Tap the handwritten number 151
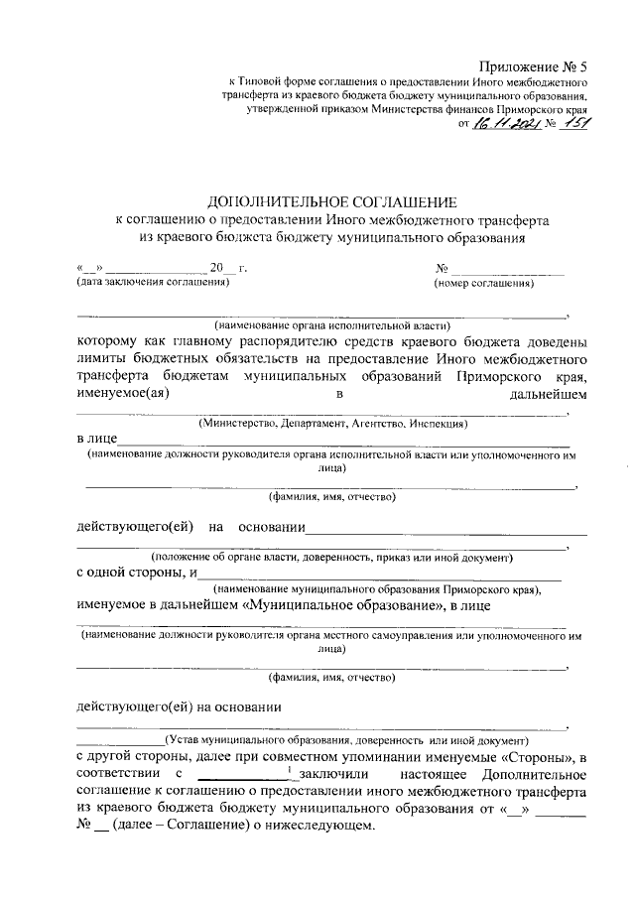pyautogui.click(x=572, y=123)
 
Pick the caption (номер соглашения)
pyautogui.click(x=484, y=284)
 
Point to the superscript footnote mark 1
pyautogui.click(x=287, y=770)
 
